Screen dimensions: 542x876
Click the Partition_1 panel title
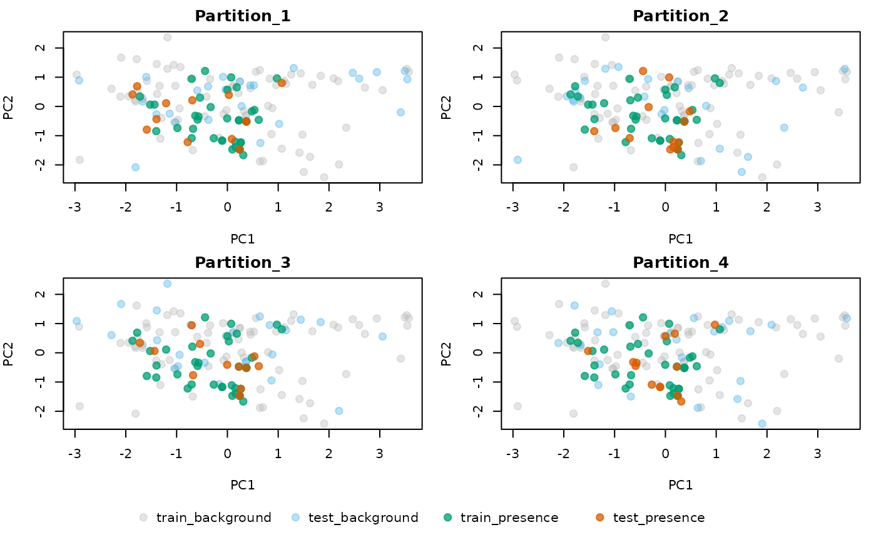tap(243, 16)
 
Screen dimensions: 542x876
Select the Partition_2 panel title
tap(681, 16)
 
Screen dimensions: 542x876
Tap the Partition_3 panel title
tap(243, 262)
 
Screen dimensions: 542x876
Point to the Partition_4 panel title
tap(681, 262)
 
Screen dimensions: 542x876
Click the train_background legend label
tap(213, 518)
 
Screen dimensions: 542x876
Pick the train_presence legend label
tap(509, 518)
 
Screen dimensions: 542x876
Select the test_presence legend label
tap(659, 518)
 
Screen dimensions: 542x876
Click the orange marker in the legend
tap(600, 518)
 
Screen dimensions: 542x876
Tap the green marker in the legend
tap(447, 518)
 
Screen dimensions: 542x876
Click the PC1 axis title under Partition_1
tap(243, 238)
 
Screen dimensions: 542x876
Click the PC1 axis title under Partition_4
tap(681, 484)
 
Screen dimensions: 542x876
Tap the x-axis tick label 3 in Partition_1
tap(379, 207)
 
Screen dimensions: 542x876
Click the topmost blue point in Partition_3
tap(168, 284)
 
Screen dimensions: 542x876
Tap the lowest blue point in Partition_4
tap(761, 424)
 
